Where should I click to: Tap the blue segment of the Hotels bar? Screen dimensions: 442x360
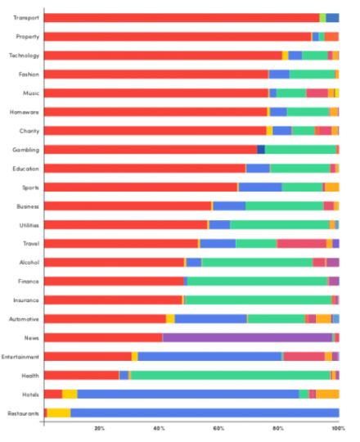click(x=188, y=394)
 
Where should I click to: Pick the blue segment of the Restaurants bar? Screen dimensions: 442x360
click(x=205, y=413)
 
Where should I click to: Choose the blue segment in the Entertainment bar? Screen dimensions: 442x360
click(x=209, y=356)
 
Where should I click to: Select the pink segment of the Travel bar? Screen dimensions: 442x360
click(x=301, y=243)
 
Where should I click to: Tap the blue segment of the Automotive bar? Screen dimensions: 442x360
click(x=210, y=318)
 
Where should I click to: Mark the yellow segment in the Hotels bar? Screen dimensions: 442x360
click(x=70, y=394)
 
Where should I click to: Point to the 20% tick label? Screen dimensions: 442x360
click(x=100, y=428)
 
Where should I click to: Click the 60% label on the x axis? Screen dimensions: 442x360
click(x=218, y=428)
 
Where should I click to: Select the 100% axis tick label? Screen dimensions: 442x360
click(x=336, y=428)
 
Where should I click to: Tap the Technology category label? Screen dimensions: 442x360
click(x=24, y=55)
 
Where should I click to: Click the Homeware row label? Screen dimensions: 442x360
click(x=24, y=111)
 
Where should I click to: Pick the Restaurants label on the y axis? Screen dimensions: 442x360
click(x=23, y=413)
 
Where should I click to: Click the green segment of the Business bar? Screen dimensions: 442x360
click(x=284, y=205)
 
